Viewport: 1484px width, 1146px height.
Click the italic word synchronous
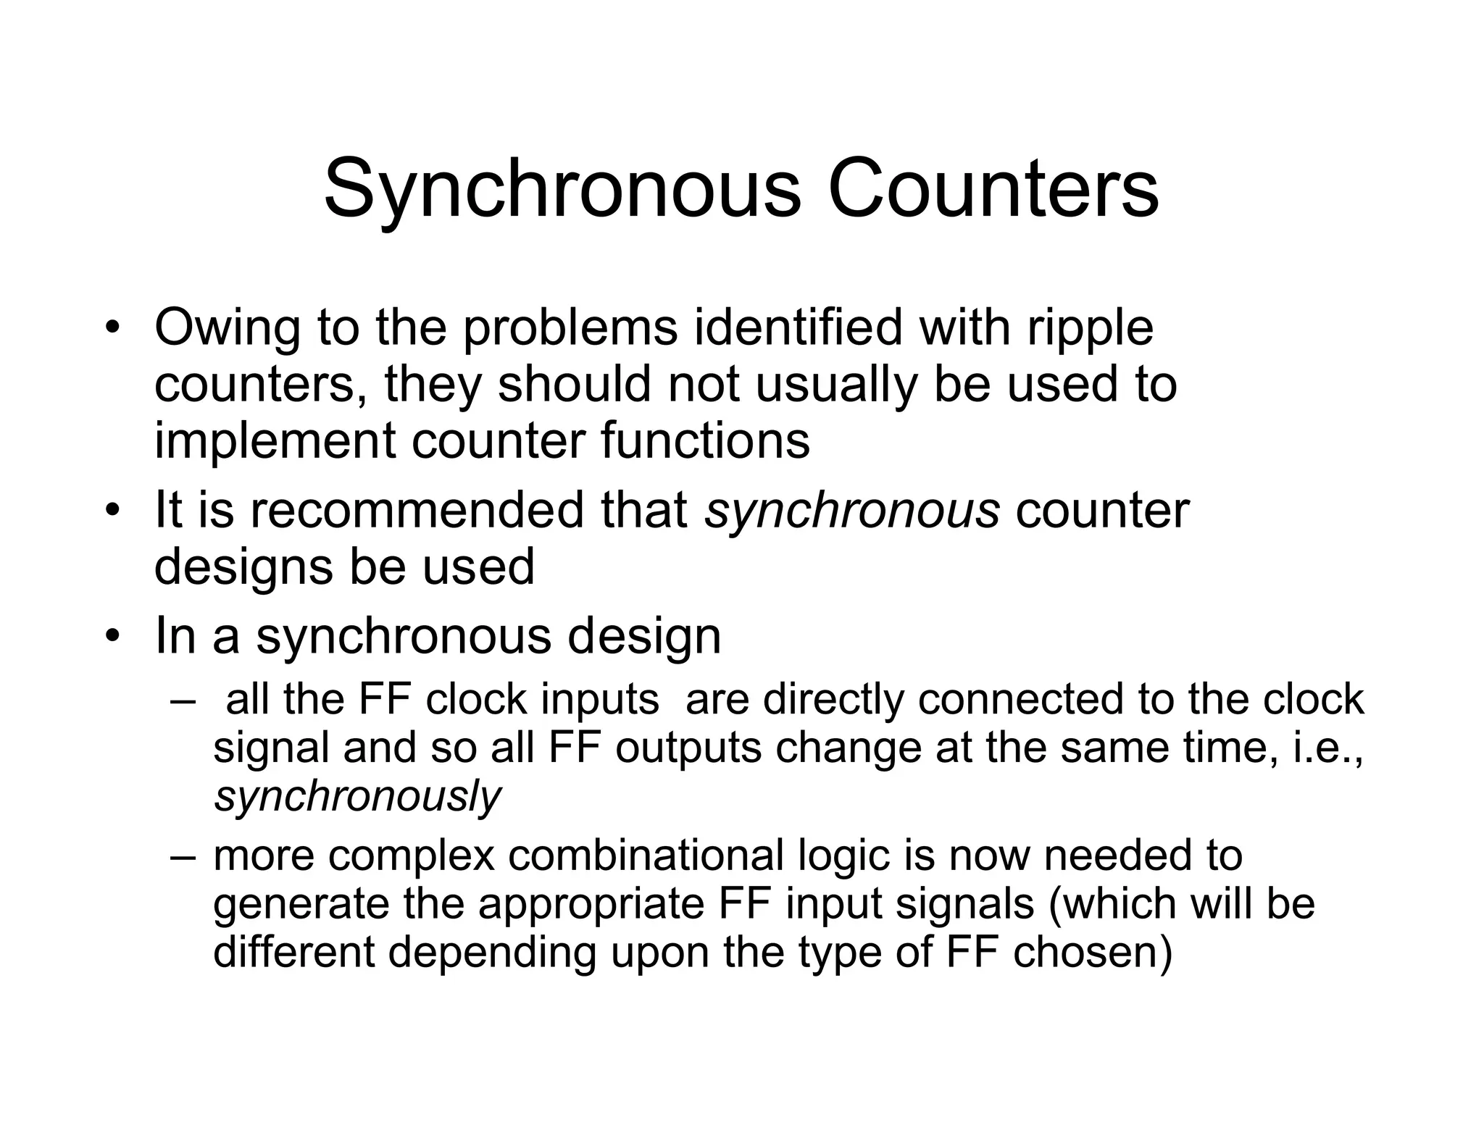pos(852,511)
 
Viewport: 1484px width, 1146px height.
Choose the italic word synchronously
pos(357,798)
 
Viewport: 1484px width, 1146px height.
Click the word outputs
pos(688,748)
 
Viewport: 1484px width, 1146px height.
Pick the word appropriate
pos(591,905)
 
